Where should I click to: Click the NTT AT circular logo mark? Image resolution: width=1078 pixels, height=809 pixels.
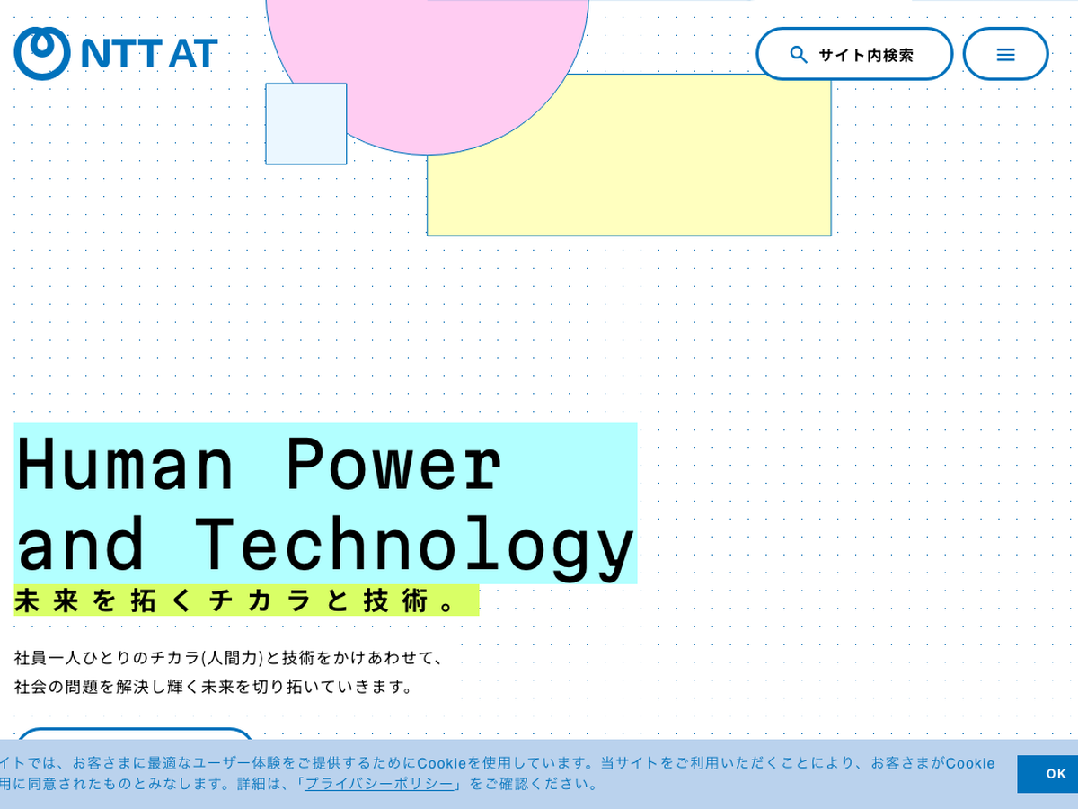coord(42,53)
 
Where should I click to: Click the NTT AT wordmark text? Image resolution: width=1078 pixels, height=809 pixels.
coord(149,53)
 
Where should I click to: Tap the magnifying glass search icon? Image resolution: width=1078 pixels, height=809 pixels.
coord(799,55)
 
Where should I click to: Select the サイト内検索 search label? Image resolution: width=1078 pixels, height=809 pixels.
coord(866,55)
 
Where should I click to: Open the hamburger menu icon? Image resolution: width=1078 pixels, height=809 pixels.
coord(1005,55)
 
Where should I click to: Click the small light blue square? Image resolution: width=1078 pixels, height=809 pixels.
coord(306,124)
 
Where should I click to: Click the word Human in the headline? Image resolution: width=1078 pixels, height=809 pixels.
coord(125,464)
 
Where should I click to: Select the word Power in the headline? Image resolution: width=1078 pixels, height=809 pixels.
coord(394,464)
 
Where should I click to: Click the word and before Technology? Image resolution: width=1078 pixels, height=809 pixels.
coord(81,543)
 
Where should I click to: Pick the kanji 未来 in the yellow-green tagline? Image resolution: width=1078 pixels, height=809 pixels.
coord(47,600)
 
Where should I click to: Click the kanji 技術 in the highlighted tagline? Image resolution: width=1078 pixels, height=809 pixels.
coord(396,600)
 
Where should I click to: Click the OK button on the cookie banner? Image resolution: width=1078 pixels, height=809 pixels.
coord(1047,774)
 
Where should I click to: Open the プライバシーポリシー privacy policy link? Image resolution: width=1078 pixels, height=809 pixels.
coord(379,784)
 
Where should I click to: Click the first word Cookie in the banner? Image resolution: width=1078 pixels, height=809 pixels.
coord(441,763)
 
